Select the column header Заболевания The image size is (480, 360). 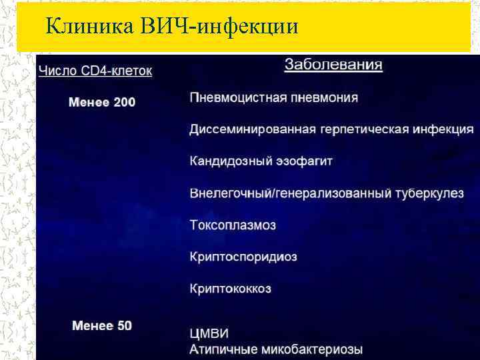coord(333,65)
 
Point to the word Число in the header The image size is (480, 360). coord(55,71)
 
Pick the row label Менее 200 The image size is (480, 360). coord(102,102)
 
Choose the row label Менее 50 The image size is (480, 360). coord(102,326)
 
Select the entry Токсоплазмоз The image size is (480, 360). coord(233,225)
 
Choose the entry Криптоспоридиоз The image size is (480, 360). coord(243,257)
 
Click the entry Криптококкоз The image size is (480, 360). coord(231,289)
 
